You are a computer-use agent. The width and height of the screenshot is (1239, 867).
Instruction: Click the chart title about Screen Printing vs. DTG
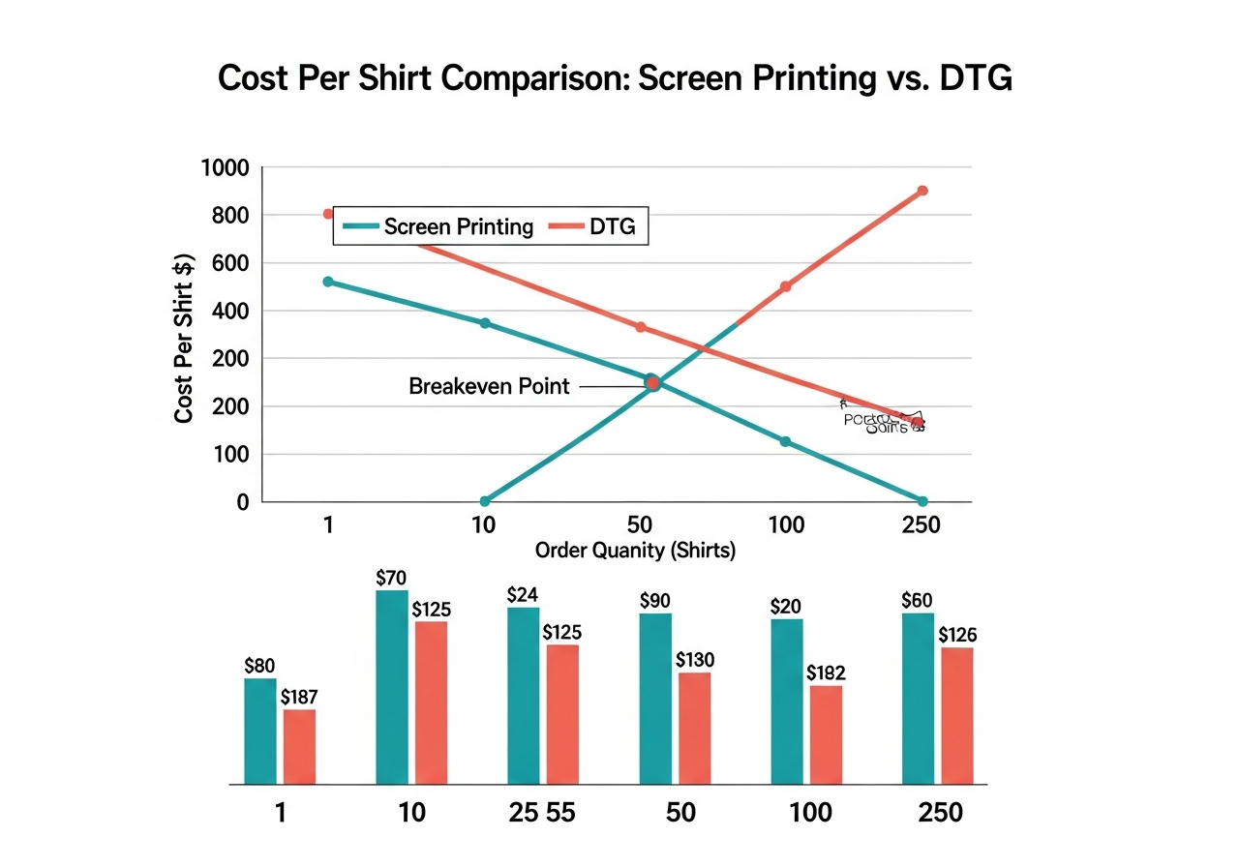pos(615,78)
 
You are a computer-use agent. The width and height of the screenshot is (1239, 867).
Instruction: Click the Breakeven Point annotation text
pos(489,386)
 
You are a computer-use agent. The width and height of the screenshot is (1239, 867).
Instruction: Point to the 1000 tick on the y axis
pos(225,168)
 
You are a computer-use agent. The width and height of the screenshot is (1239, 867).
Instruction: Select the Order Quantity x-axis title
pos(635,551)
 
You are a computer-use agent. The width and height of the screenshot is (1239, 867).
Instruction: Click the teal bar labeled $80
pos(259,730)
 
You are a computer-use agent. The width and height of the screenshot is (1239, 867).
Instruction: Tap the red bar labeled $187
pos(299,745)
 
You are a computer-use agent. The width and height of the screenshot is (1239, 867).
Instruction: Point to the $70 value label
pos(392,579)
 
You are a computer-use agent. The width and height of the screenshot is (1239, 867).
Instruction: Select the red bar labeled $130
pos(694,727)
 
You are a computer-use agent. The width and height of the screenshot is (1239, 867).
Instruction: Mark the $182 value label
pos(826,672)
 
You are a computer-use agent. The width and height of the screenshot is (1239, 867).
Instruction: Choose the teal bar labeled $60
pos(918,697)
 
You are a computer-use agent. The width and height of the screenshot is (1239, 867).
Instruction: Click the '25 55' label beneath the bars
pos(542,813)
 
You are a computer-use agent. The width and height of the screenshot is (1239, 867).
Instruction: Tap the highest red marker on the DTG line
pos(922,191)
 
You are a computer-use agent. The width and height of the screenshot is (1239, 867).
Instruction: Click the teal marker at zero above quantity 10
pos(485,501)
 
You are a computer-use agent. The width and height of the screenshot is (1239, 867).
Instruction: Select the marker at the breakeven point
pos(652,383)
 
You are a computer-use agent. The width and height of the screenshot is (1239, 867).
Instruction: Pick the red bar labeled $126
pos(957,714)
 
